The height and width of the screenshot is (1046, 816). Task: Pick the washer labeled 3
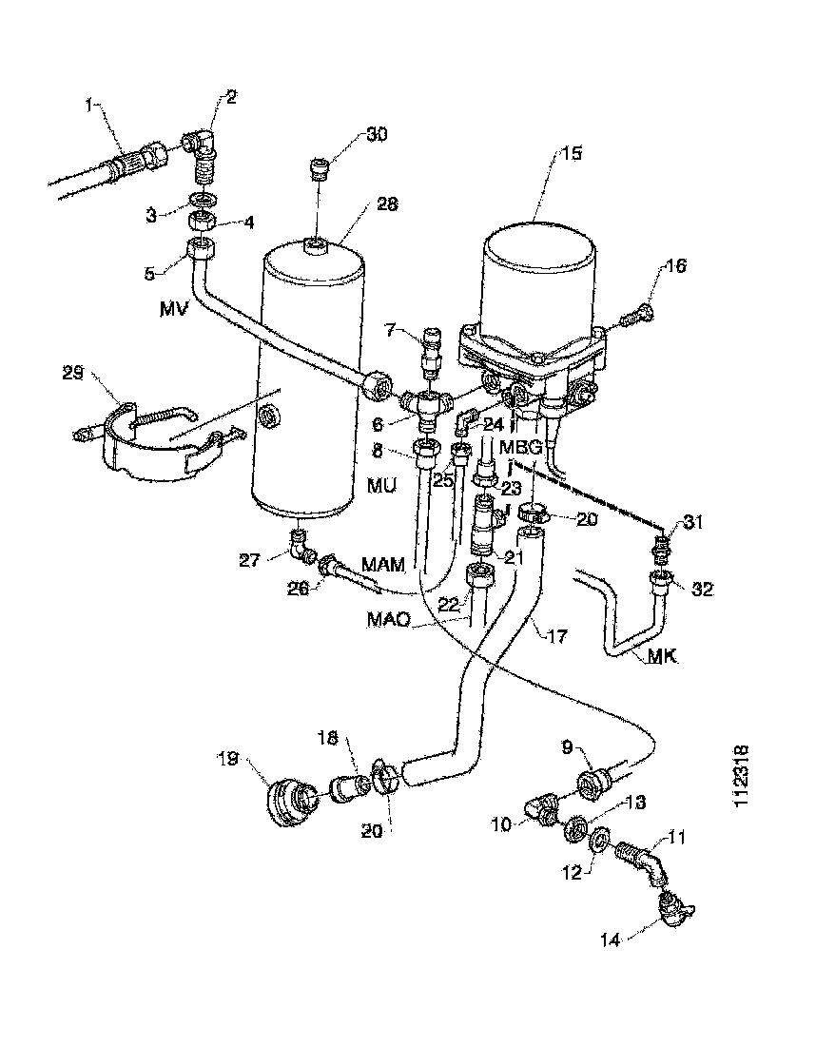coord(203,202)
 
